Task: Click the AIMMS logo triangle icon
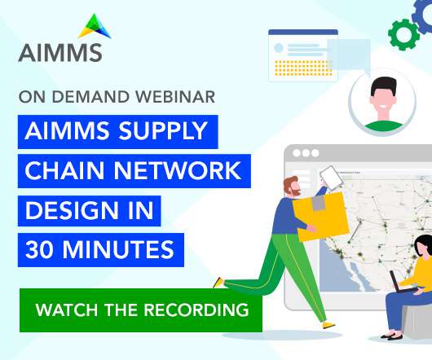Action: click(x=95, y=27)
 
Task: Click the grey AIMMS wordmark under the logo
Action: click(x=60, y=53)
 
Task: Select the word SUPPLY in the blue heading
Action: click(x=162, y=131)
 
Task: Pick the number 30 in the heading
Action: click(x=39, y=249)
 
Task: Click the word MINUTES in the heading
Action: click(x=118, y=249)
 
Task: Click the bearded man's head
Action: click(x=292, y=187)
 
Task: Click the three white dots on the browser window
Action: click(x=306, y=153)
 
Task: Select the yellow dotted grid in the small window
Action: click(x=303, y=68)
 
